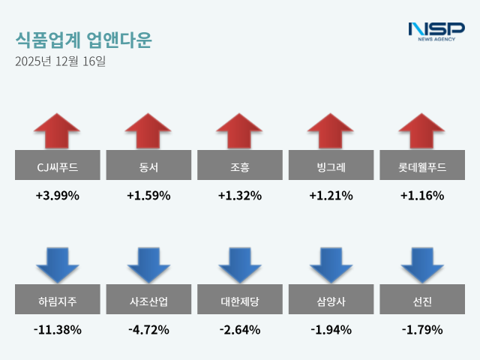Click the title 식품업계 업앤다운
82,40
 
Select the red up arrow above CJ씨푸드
57,130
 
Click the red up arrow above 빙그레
331,130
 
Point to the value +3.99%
57,196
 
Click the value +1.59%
148,196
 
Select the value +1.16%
422,196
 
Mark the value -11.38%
57,329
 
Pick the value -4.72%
148,329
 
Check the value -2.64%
239,329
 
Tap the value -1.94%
331,329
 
